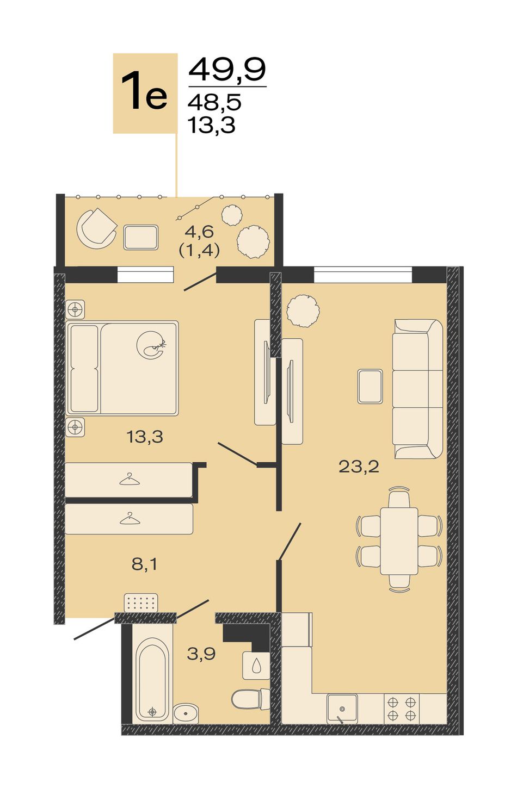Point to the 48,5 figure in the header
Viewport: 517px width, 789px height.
point(214,103)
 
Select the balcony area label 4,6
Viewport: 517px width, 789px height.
point(200,232)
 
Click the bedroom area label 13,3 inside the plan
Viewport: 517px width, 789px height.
point(145,437)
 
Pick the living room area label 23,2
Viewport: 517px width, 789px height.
point(359,467)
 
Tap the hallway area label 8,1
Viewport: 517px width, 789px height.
point(145,564)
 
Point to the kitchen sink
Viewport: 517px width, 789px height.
point(342,708)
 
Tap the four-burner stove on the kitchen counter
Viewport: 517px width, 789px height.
point(402,709)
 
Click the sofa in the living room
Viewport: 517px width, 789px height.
point(417,389)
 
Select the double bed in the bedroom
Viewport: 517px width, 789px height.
point(122,368)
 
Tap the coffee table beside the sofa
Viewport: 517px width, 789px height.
point(370,387)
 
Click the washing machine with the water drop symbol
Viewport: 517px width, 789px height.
point(256,666)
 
